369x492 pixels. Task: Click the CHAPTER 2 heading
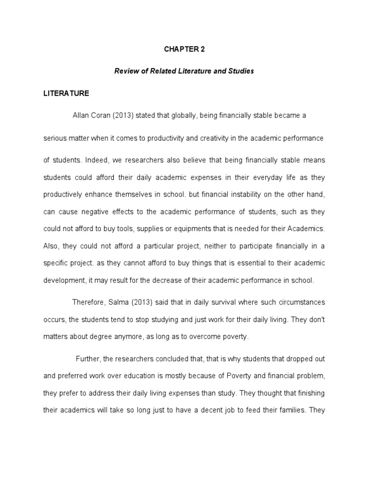[x=184, y=49]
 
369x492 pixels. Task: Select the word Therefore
[x=89, y=303]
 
